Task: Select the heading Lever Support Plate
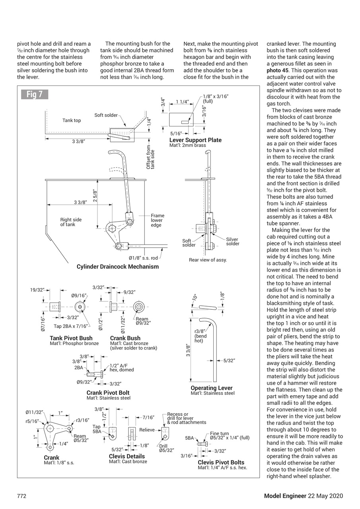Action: click(x=195, y=140)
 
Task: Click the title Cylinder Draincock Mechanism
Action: click(x=117, y=266)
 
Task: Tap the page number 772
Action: click(x=21, y=496)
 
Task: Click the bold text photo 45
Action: click(x=278, y=70)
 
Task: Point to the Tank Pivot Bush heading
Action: click(x=71, y=338)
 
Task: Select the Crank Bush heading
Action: click(x=125, y=338)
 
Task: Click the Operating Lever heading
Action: click(x=211, y=388)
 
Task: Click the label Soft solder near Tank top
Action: click(x=106, y=115)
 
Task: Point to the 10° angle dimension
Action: click(x=195, y=297)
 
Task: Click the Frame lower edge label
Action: click(x=157, y=220)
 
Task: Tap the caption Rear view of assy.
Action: click(x=208, y=260)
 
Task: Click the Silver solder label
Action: click(x=232, y=241)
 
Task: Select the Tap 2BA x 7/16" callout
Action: click(x=71, y=326)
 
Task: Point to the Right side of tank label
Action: click(x=71, y=222)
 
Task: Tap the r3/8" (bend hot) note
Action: click(x=200, y=336)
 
